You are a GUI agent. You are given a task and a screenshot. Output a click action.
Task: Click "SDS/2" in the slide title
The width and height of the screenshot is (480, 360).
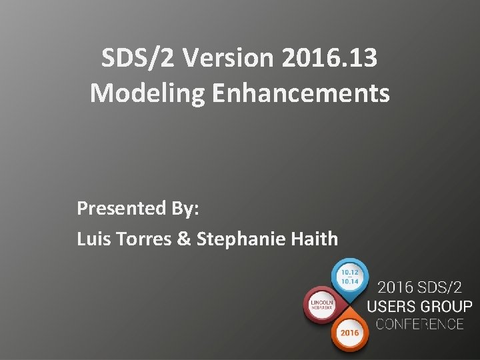(x=138, y=59)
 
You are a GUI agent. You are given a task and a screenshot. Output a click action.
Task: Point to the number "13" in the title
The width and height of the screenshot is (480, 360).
(x=363, y=59)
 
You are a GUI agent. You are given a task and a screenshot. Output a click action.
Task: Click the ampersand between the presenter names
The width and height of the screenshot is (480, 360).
(x=184, y=238)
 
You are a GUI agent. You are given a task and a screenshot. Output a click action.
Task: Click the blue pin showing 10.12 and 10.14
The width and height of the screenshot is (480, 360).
(x=349, y=276)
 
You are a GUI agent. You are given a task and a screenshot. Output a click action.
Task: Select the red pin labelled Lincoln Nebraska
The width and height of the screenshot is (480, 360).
(x=322, y=305)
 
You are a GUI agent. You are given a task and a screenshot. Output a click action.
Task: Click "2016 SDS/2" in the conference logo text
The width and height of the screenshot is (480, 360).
(x=420, y=289)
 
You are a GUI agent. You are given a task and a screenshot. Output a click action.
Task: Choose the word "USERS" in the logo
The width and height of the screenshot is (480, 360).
(x=395, y=307)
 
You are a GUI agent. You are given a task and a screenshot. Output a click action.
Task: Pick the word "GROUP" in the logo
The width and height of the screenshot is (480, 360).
(x=448, y=307)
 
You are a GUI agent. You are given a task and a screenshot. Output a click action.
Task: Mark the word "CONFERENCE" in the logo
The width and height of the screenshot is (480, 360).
(x=420, y=325)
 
